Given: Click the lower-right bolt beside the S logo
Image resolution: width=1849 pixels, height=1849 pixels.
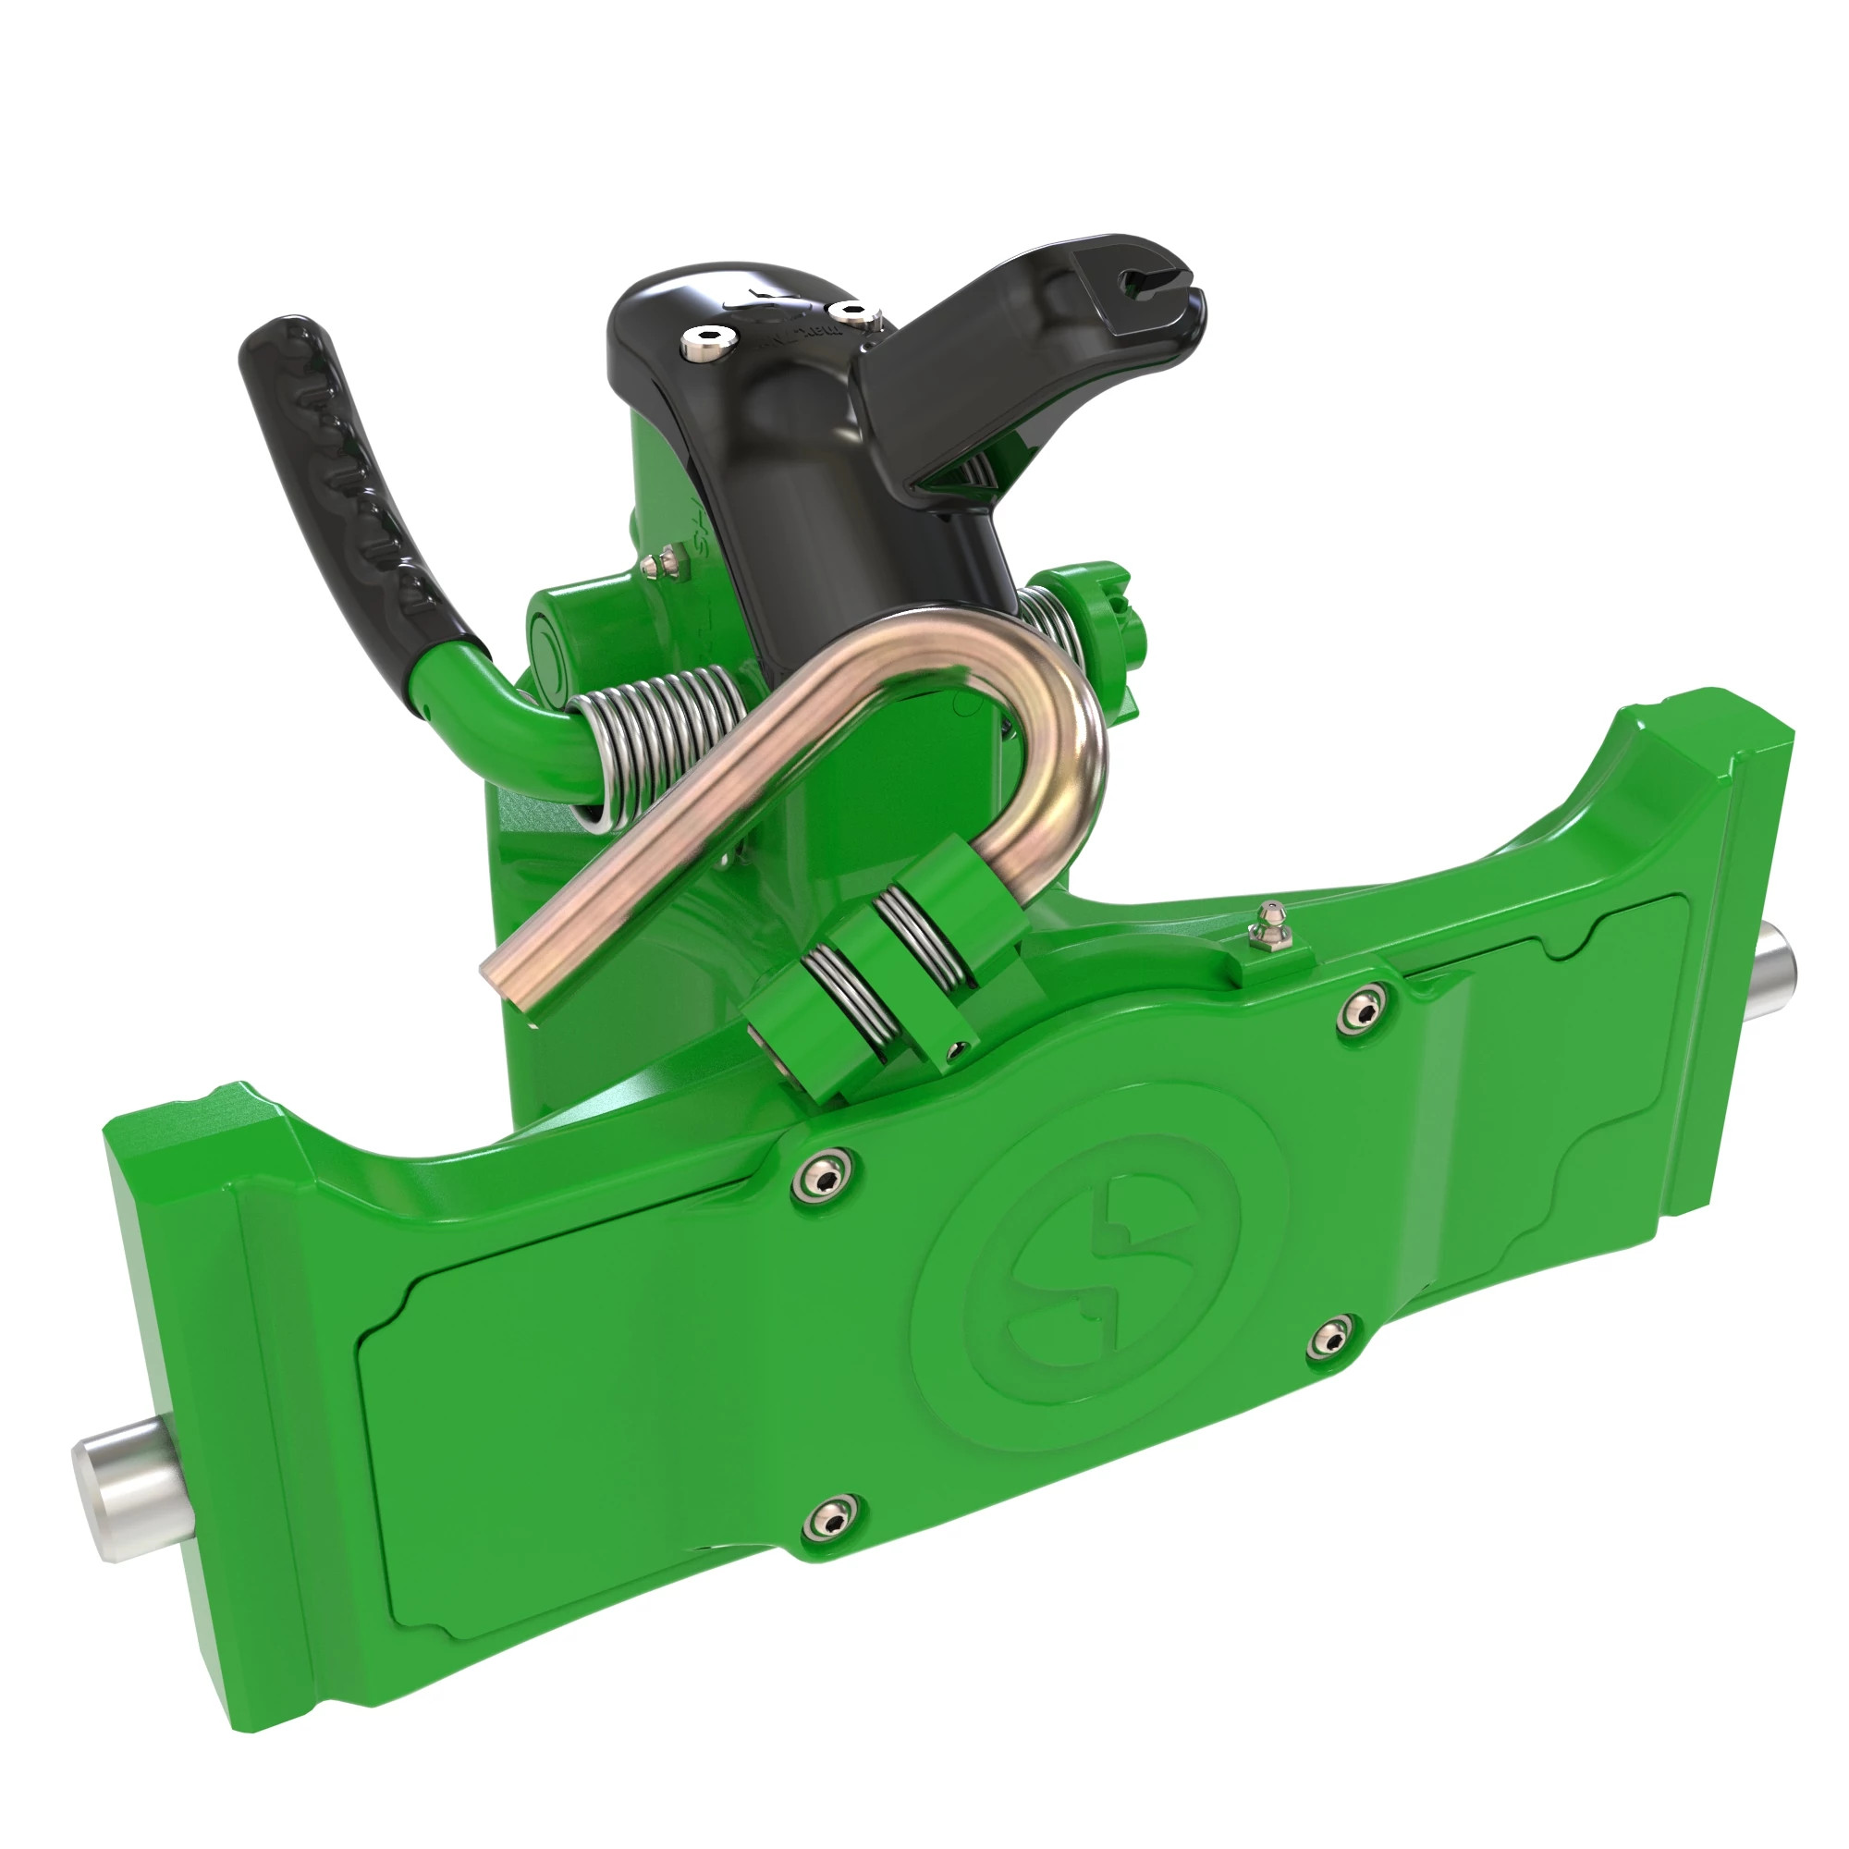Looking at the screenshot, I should tap(1329, 1338).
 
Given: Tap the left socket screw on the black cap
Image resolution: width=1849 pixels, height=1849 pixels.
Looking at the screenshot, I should tap(706, 343).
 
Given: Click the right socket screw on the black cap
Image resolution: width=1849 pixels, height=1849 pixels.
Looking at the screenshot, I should tap(846, 311).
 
